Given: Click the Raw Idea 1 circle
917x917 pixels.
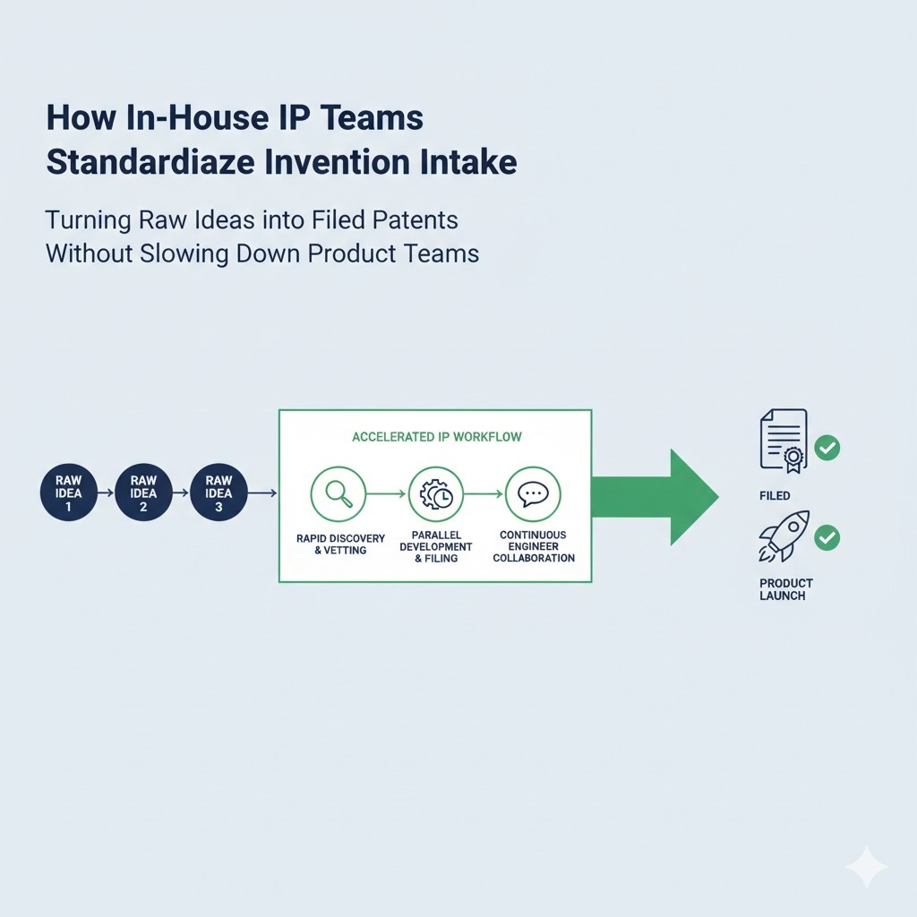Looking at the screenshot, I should tap(68, 493).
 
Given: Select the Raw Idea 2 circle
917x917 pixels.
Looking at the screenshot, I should tap(143, 493).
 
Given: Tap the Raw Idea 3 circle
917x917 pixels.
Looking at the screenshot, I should tap(219, 493).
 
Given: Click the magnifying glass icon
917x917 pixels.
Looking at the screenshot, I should tap(338, 493).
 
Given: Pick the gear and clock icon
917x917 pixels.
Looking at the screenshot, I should tap(436, 493).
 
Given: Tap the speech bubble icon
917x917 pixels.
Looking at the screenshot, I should tap(533, 493).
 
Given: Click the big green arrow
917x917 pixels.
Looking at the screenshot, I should tap(663, 496).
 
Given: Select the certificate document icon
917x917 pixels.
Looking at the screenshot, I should tap(783, 440).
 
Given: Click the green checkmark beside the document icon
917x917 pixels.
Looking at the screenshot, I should tap(827, 448).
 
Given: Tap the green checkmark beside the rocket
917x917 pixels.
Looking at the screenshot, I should tap(827, 537).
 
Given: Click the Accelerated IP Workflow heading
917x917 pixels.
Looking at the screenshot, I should tap(437, 437).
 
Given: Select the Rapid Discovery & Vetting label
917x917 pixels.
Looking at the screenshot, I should tap(340, 544).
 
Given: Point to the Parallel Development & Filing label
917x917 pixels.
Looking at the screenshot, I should tap(436, 546).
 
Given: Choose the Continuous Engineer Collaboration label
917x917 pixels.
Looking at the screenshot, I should tap(533, 546).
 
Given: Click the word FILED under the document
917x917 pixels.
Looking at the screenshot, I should tap(775, 495).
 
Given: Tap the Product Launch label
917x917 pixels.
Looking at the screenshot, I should tap(785, 589).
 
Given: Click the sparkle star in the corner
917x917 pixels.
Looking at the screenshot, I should tap(866, 867).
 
